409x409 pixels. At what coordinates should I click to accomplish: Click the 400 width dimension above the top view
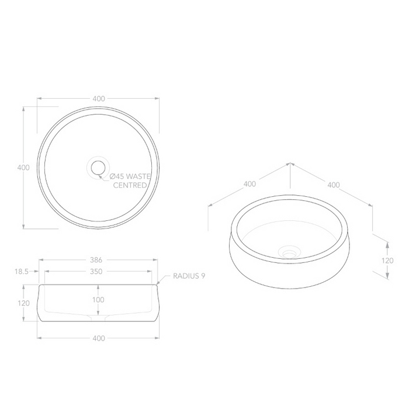tap(99, 99)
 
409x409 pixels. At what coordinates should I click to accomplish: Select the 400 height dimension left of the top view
tap(23, 168)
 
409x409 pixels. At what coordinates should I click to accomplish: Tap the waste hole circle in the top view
tap(98, 168)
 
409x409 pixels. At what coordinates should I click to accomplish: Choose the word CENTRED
tap(130, 185)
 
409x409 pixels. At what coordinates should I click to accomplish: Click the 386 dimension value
tap(98, 261)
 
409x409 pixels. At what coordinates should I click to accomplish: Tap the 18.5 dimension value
tap(21, 272)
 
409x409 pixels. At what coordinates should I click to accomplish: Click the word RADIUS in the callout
tap(185, 275)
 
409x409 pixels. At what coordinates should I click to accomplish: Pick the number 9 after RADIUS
tap(203, 275)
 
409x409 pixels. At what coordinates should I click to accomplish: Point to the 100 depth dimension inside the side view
tap(98, 300)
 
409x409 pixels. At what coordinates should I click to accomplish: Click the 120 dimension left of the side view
tap(23, 303)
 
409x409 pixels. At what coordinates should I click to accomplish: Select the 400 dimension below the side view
tap(98, 338)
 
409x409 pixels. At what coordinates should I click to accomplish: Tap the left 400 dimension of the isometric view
tap(249, 184)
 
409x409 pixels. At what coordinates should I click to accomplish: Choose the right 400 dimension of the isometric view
tap(333, 185)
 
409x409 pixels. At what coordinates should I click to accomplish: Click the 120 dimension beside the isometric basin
tap(386, 261)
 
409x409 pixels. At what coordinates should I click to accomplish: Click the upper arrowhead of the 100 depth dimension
tap(98, 287)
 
